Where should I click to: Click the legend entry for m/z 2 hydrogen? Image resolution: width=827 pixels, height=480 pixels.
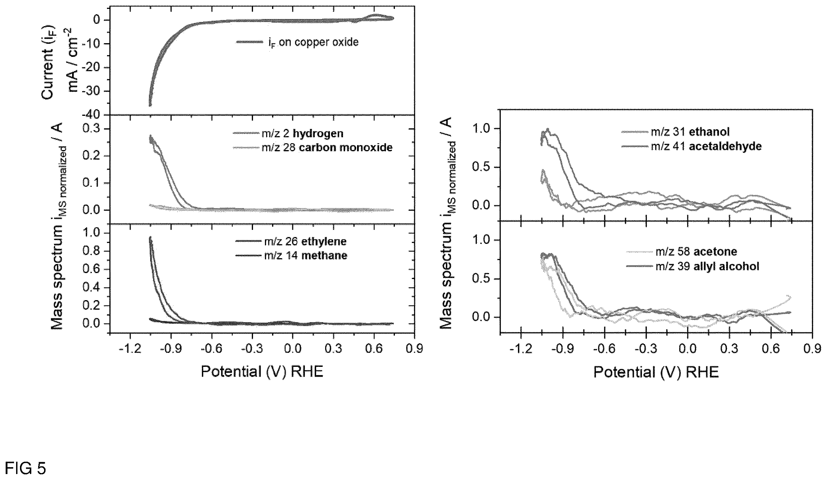[288, 133]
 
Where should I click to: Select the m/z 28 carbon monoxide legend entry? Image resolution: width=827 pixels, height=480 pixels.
[313, 147]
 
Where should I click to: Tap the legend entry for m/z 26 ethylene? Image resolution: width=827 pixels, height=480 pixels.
[291, 242]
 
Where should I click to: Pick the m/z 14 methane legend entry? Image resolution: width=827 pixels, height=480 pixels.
[291, 255]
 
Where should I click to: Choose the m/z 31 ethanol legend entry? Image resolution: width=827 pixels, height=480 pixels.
[675, 132]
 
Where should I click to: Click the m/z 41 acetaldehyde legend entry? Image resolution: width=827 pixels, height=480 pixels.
[691, 146]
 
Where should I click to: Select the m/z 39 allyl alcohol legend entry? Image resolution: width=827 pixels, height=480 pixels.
[693, 266]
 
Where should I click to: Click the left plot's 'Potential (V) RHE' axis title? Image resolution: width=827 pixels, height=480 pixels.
[262, 372]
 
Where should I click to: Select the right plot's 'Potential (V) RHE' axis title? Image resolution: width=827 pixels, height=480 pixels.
[656, 372]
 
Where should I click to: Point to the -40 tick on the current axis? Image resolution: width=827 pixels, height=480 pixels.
[94, 115]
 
